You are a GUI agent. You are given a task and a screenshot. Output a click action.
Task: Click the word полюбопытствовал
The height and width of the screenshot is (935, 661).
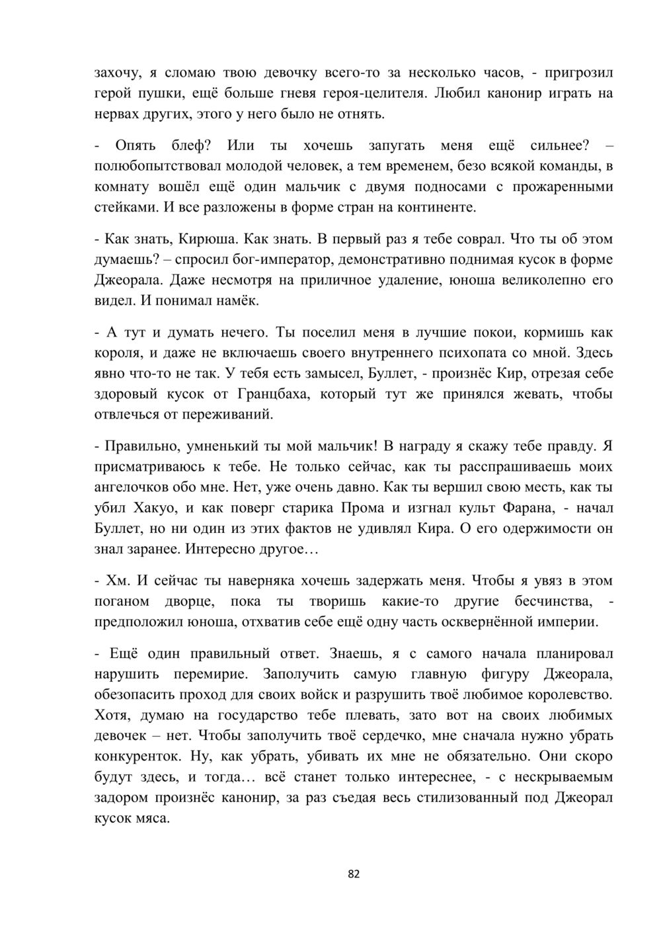coord(157,166)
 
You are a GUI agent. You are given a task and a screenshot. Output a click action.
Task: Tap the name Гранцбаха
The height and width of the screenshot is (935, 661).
coord(271,395)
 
